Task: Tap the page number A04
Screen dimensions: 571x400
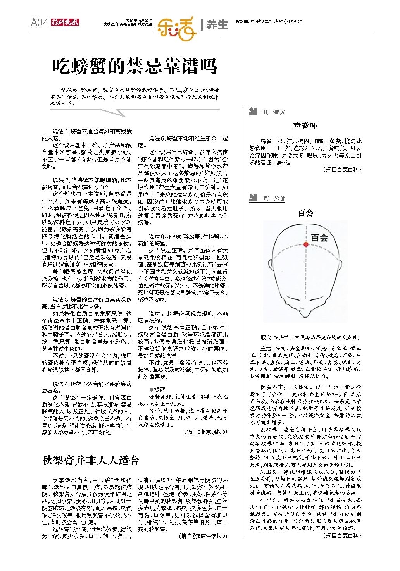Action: tap(40, 23)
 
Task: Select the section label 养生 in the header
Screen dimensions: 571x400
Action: tap(217, 24)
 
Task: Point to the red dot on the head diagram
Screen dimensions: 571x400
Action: tap(306, 244)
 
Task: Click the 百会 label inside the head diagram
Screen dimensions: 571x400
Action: tap(319, 237)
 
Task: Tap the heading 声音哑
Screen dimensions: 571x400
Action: tap(305, 126)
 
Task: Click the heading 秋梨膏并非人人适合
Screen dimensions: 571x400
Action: tap(90, 460)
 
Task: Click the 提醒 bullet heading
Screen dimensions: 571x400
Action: tap(157, 389)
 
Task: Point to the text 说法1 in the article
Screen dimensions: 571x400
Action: tap(60, 132)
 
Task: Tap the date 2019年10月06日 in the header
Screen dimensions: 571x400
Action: tap(140, 21)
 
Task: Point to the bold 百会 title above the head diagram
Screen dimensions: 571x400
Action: tap(305, 213)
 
